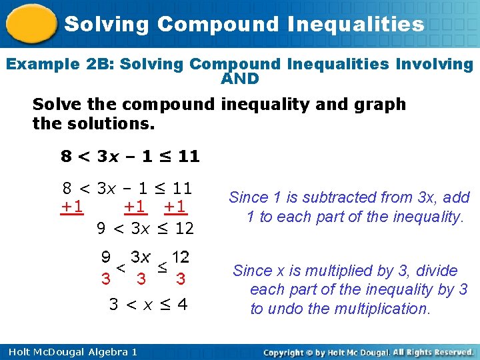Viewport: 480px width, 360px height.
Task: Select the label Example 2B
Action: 51,65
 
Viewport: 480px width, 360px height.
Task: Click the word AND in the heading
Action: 239,79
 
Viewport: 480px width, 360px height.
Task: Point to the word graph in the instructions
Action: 381,105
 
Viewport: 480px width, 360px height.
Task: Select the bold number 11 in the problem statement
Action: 189,157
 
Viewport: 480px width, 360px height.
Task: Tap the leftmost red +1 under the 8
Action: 72,207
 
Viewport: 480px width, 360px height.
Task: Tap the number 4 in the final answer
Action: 182,305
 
